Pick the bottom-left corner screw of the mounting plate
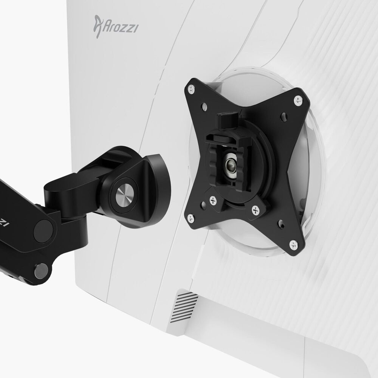click(x=191, y=217)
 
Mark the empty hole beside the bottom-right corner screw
click(x=281, y=225)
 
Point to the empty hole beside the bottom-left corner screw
click(x=204, y=204)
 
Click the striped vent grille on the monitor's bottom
click(x=184, y=307)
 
